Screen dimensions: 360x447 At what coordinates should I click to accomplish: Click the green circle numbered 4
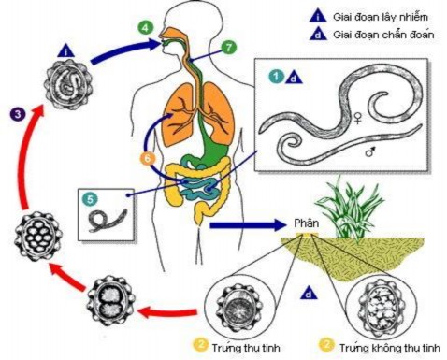144,29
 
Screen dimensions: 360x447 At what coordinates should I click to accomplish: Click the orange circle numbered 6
147,159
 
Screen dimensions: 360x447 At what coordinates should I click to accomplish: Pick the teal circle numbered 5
90,199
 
